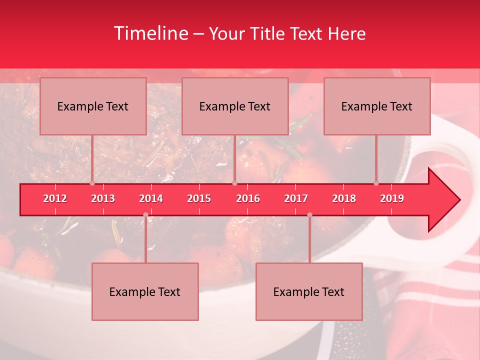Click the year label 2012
(55, 198)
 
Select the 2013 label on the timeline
(103, 198)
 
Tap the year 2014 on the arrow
(151, 198)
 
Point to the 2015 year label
(199, 198)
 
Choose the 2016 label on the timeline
(248, 198)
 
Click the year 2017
(296, 198)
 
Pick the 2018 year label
(344, 198)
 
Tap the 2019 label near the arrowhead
(392, 198)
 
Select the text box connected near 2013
(93, 106)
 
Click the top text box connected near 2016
(235, 106)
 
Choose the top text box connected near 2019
(377, 106)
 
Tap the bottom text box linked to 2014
(145, 291)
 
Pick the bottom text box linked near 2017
(309, 291)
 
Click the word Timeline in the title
(150, 33)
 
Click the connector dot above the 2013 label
(92, 183)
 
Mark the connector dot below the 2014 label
(145, 215)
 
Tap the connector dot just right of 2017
(309, 215)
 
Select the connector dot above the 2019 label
(376, 183)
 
